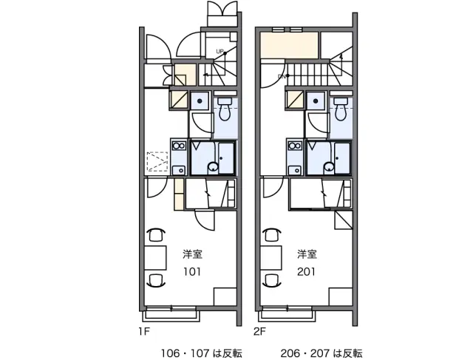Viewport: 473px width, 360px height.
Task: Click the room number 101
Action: [x=192, y=271]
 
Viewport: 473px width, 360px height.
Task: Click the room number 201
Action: [x=307, y=271]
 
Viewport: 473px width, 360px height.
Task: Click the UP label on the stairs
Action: [x=220, y=51]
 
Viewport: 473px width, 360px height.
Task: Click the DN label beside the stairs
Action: [x=282, y=76]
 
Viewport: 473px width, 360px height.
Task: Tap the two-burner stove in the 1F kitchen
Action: [x=178, y=146]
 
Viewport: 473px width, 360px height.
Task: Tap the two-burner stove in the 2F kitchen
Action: [x=293, y=146]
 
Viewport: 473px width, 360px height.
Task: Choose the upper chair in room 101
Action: [x=155, y=236]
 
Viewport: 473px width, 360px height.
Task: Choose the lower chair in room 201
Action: [x=270, y=280]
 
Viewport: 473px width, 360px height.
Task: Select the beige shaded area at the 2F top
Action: [x=289, y=47]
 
